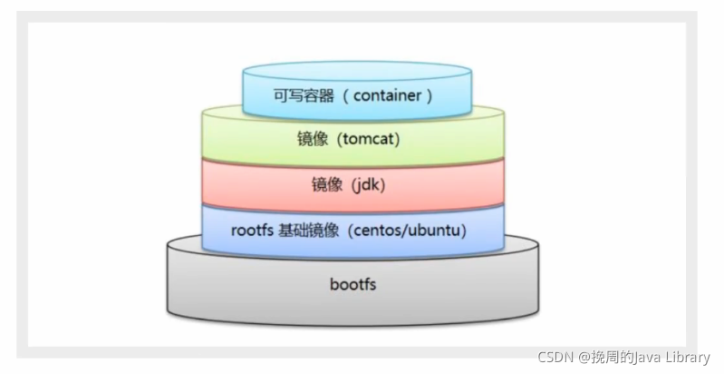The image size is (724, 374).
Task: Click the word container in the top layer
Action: click(388, 95)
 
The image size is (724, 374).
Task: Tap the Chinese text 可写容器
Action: click(304, 95)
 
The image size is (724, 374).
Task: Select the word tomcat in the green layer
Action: click(369, 139)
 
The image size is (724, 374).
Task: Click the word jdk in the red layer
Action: click(368, 185)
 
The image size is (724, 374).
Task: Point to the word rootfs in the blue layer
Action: click(252, 230)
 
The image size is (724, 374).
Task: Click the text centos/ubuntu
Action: click(407, 230)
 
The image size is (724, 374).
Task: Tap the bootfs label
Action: click(352, 283)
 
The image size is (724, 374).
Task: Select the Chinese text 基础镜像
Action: click(308, 231)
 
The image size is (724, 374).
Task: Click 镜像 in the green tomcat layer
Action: click(313, 139)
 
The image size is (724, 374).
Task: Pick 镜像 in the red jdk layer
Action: click(327, 185)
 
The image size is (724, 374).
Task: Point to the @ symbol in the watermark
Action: click(584, 358)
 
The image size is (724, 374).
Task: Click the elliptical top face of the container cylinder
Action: click(357, 72)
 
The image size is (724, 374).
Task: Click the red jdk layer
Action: click(352, 185)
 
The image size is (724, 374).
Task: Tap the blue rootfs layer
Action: click(352, 231)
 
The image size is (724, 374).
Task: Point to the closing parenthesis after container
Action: click(430, 95)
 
